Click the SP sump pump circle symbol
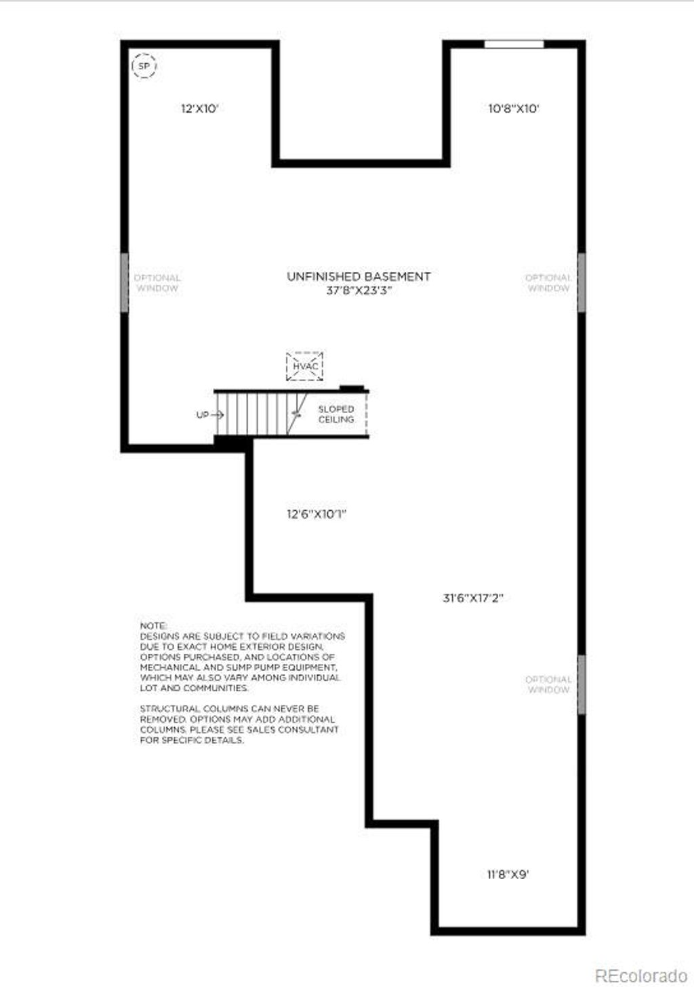click(x=144, y=66)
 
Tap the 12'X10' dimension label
click(x=199, y=108)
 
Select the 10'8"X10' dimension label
click(x=514, y=108)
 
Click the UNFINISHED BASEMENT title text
click(x=359, y=277)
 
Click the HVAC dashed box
click(x=305, y=366)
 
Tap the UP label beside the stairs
click(x=203, y=415)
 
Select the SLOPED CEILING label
click(x=336, y=414)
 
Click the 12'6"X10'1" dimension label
click(x=317, y=514)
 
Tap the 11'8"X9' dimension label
click(x=508, y=874)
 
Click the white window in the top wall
click(x=514, y=45)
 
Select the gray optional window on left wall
click(x=125, y=283)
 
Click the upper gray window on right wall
click(x=581, y=283)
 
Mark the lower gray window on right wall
click(x=581, y=684)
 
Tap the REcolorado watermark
click(x=640, y=975)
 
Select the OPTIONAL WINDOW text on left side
click(x=157, y=283)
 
